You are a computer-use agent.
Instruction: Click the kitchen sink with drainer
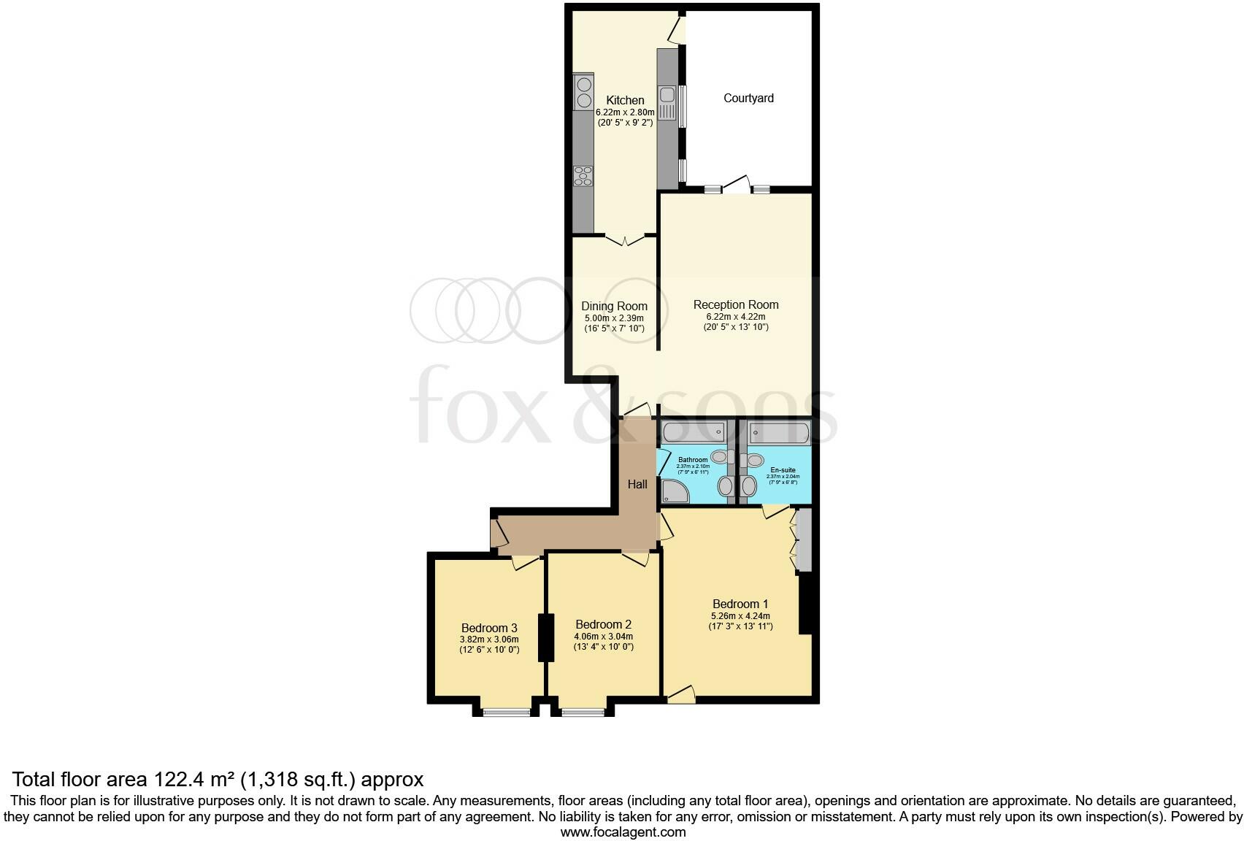coord(667,103)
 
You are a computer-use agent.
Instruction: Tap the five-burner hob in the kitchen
coord(583,176)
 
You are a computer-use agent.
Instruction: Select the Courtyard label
coord(748,98)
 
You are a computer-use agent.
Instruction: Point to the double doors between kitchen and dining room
coord(625,239)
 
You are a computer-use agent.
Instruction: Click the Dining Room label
coord(614,306)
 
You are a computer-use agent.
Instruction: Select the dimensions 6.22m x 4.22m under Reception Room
coord(735,317)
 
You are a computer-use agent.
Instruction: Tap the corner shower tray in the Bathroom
coord(675,492)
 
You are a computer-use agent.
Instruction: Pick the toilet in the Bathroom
coord(720,457)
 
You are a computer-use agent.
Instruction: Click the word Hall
coord(637,484)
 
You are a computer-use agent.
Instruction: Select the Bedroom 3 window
coord(507,712)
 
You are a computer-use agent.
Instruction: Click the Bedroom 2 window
coord(583,712)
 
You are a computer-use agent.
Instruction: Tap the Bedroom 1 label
coord(740,604)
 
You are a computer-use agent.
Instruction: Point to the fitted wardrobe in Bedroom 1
coord(804,539)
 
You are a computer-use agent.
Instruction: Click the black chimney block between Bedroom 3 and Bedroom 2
coord(545,638)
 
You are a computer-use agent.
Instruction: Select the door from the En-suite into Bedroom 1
coord(775,510)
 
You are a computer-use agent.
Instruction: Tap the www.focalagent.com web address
coord(623,832)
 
